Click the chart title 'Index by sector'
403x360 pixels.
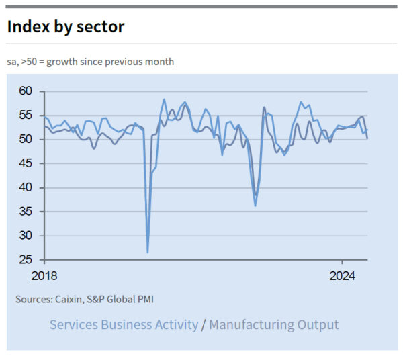coord(66,26)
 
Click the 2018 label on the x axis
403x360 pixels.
coord(44,276)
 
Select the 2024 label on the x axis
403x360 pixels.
coord(343,276)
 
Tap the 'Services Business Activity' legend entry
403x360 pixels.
coord(124,325)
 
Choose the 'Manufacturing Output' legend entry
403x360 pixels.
coord(274,325)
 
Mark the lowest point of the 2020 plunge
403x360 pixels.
coord(148,253)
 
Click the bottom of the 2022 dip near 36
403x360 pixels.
coord(255,205)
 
